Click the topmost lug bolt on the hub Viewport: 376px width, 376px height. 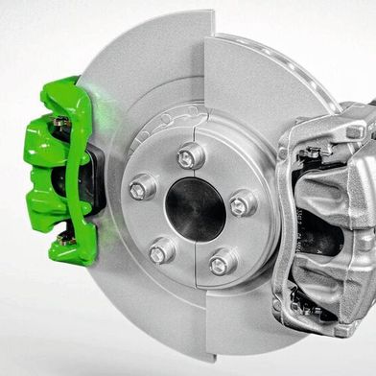(x=190, y=153)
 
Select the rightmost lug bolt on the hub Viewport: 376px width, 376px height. (x=242, y=202)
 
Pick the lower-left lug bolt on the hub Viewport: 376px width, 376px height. (x=161, y=250)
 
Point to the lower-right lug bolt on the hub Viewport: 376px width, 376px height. (x=223, y=259)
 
